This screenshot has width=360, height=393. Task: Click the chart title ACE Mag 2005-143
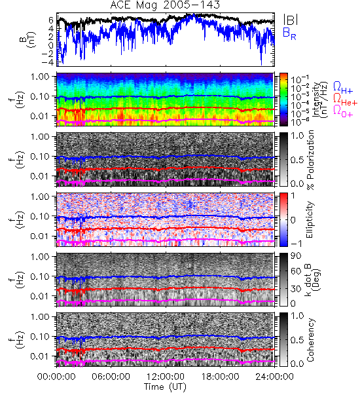pyautogui.click(x=165, y=5)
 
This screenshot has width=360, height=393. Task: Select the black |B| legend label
pyautogui.click(x=291, y=20)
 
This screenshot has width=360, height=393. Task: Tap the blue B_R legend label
pyautogui.click(x=289, y=33)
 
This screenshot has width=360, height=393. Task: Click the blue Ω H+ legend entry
pyautogui.click(x=343, y=88)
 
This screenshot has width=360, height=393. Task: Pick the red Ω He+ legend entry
pyautogui.click(x=345, y=100)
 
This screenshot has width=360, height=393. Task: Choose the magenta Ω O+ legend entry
pyautogui.click(x=343, y=111)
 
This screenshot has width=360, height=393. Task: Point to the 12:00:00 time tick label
pyautogui.click(x=166, y=377)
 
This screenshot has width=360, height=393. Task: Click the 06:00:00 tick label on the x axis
pyautogui.click(x=111, y=377)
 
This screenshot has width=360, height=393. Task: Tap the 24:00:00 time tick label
pyautogui.click(x=274, y=377)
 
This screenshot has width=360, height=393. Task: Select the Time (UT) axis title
pyautogui.click(x=165, y=387)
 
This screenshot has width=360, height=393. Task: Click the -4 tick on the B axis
pyautogui.click(x=46, y=62)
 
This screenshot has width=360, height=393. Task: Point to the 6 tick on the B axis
pyautogui.click(x=51, y=20)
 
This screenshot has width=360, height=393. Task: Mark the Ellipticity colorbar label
pyautogui.click(x=310, y=220)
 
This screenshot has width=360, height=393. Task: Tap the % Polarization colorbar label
pyautogui.click(x=310, y=160)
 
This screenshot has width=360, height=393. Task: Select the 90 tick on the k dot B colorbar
pyautogui.click(x=296, y=255)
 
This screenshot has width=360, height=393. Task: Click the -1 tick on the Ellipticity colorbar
pyautogui.click(x=296, y=244)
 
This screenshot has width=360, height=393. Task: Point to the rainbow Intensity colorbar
pyautogui.click(x=283, y=100)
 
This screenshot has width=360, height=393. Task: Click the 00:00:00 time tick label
pyautogui.click(x=56, y=377)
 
